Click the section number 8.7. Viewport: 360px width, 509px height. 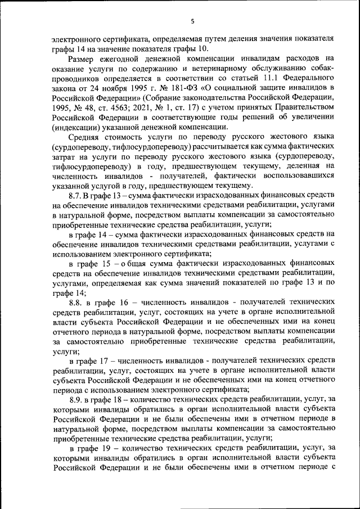tap(75, 195)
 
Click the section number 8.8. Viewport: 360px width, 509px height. tap(76, 302)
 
